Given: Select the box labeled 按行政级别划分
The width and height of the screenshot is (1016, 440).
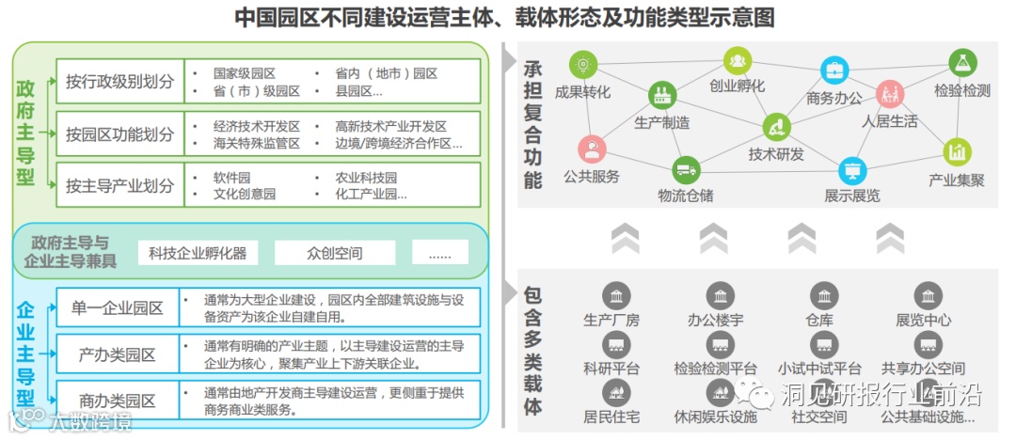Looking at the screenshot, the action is point(119,82).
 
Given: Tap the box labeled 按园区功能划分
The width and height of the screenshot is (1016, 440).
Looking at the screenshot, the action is point(119,134).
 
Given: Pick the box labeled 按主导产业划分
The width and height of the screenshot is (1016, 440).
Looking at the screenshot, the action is point(119,185).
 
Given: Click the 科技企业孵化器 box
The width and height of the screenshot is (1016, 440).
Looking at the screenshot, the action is point(198,252).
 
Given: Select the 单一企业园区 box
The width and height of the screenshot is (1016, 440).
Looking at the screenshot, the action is point(118,307).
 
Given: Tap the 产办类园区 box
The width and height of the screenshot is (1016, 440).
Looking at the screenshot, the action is point(118,355).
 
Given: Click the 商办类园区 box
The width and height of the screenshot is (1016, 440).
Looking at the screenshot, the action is point(118,401).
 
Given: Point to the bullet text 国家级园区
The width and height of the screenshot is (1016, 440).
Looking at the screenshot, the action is point(243,73).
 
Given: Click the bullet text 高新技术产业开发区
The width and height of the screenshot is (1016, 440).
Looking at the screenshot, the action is point(390,126).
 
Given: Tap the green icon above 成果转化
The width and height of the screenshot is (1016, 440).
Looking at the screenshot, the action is point(583,66).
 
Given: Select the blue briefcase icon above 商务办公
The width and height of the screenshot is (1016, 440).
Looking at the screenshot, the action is point(833,70).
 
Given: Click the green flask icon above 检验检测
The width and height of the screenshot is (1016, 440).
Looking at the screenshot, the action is point(961,63).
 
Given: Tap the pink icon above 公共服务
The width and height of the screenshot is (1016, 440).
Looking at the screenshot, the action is point(591,149).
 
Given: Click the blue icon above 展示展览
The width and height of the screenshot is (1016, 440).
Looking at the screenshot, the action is point(852,171).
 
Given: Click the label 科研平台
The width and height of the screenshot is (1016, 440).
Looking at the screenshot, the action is point(611,368).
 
